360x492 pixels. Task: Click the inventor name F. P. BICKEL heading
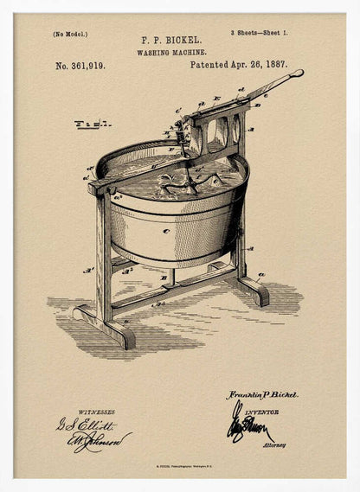coord(171,40)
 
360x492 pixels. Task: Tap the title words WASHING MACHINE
coord(171,52)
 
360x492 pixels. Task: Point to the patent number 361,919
coord(80,66)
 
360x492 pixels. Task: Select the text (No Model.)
coord(70,35)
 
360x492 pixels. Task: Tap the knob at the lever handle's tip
coord(299,73)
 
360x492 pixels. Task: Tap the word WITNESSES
coord(96,412)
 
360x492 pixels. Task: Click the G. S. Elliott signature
coord(87,425)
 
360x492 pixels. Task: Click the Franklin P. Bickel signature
coord(262,394)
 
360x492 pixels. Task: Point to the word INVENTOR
coord(260,412)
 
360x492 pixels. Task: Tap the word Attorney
coord(274,444)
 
